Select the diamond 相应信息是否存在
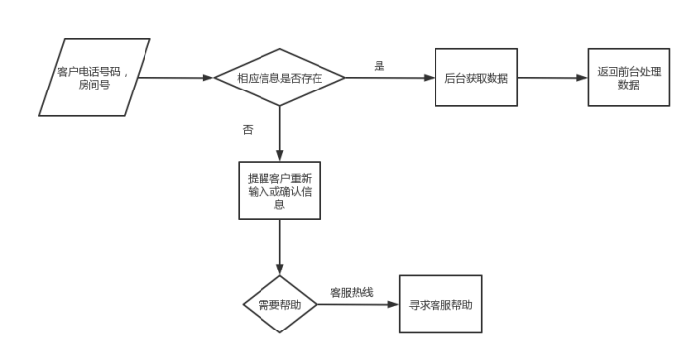point(280,77)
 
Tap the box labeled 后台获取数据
point(477,77)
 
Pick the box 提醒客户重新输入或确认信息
point(280,191)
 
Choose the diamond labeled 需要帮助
point(279,304)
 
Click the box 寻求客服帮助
point(440,304)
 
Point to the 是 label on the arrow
point(378,65)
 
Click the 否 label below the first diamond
point(247,130)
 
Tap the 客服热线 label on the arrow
point(351,292)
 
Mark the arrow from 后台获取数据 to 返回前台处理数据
point(552,77)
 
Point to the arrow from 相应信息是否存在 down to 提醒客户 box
point(280,134)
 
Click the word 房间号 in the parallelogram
point(95,85)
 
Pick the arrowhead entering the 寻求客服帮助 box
point(392,304)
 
